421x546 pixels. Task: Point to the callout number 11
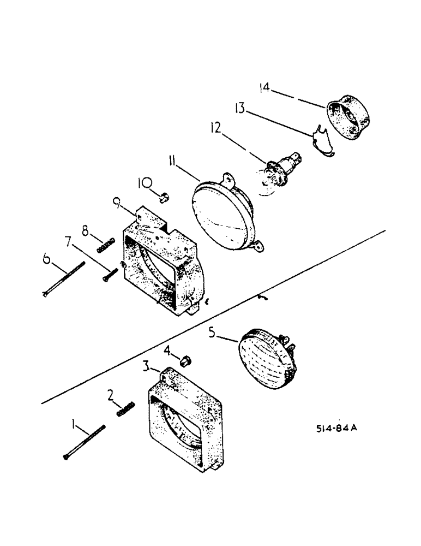[x=173, y=162]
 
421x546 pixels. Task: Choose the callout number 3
[x=147, y=366]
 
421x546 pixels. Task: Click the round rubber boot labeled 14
[x=347, y=120]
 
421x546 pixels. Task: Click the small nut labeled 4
[x=185, y=360]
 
